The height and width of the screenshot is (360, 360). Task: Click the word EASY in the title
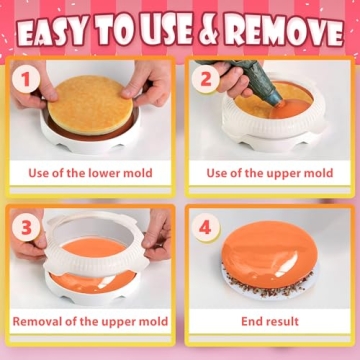pos(56,32)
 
